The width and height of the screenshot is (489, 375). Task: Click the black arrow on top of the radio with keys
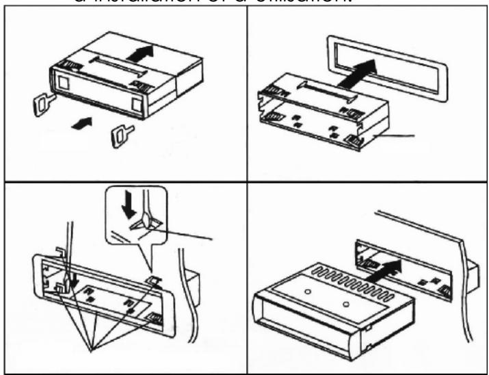click(138, 52)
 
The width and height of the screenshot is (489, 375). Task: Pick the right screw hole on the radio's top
click(347, 303)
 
